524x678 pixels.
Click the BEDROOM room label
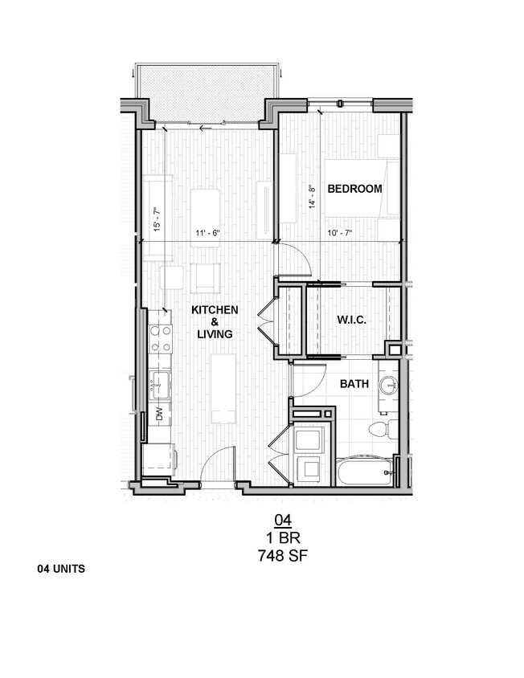354,189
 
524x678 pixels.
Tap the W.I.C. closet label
351,320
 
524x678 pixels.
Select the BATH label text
354,384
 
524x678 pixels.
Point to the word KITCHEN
214,309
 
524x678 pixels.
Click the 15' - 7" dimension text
157,219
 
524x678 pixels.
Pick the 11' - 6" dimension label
207,234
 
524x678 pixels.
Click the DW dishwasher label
159,415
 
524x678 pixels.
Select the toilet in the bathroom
380,428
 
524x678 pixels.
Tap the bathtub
364,471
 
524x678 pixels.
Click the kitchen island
223,388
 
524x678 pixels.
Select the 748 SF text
282,554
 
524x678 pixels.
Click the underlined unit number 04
282,520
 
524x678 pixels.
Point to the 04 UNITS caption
61,569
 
